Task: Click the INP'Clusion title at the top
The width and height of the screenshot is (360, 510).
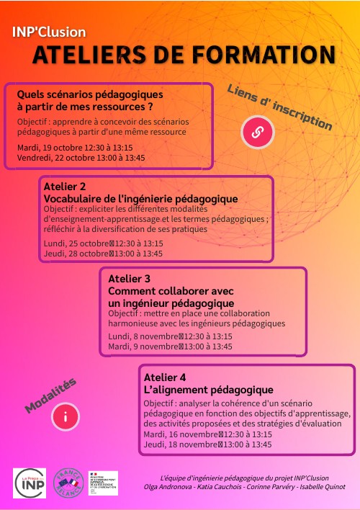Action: point(49,32)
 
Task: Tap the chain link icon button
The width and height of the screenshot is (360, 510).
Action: point(256,132)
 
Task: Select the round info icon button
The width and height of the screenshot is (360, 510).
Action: point(66,416)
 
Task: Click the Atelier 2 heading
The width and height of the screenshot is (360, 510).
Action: point(65,187)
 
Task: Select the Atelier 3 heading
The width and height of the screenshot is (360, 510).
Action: point(129,279)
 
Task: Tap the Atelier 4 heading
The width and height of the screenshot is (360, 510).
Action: point(165,377)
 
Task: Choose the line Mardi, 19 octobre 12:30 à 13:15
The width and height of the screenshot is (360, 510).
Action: point(75,147)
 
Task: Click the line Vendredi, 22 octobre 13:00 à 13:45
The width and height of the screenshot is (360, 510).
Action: point(81,157)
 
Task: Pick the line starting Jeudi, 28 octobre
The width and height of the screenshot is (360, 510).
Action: point(103,254)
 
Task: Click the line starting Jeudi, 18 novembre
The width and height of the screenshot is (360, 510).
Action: point(207,444)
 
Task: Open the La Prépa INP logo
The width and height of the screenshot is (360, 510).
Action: point(30,483)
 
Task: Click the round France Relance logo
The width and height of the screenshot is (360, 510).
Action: point(69,483)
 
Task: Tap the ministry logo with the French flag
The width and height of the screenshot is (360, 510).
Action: point(103,482)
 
